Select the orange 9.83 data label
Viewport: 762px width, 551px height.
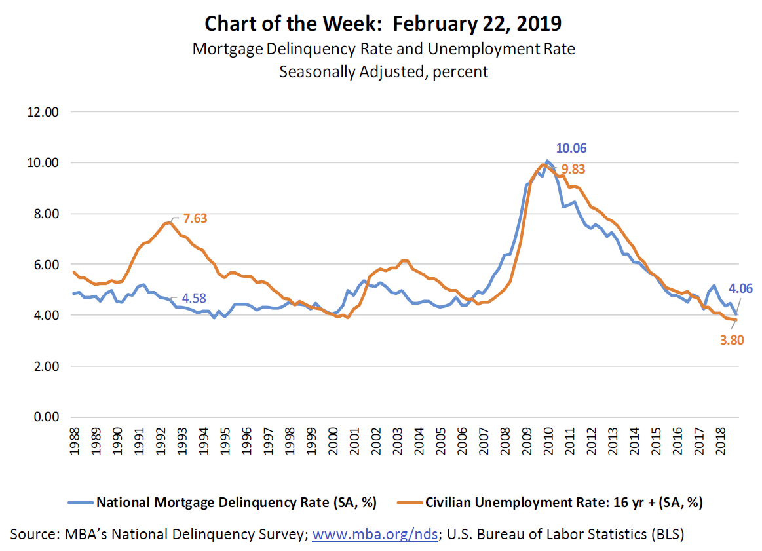point(571,169)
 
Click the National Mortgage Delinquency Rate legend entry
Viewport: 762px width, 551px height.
point(221,503)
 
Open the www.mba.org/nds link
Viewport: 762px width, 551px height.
point(375,535)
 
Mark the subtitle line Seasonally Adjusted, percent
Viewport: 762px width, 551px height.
point(383,71)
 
